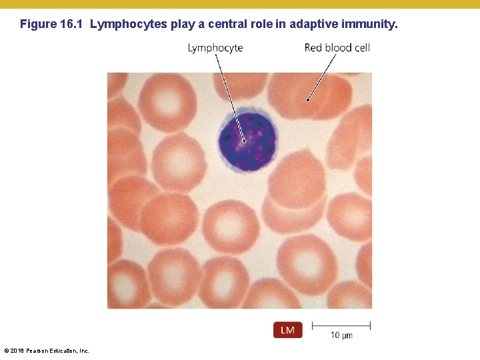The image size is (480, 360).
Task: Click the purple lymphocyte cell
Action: (247, 140)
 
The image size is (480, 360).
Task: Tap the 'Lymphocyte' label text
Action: (215, 48)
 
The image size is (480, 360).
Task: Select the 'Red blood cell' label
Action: (337, 48)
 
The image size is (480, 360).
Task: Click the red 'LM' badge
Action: (288, 330)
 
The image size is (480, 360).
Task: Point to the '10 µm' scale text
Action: (341, 335)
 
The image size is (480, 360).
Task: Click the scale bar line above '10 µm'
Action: (341, 325)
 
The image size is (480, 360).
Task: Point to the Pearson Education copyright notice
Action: (46, 351)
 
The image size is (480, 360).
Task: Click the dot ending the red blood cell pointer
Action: (308, 100)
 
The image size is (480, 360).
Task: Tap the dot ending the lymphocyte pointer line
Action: (245, 141)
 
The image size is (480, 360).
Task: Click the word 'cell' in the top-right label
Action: (362, 48)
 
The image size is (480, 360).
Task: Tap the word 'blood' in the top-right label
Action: (338, 48)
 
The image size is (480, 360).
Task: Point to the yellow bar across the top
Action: (240, 4)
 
